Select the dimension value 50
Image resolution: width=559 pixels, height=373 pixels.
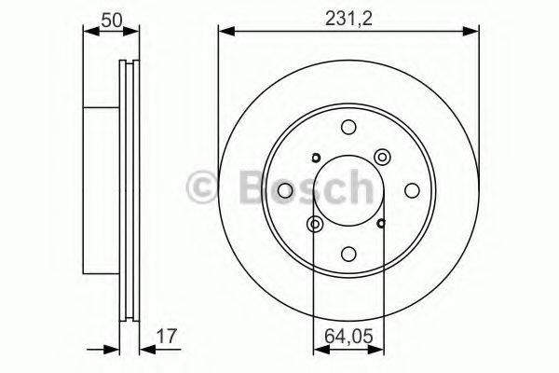pos(112,18)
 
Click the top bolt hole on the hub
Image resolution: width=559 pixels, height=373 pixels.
pos(348,128)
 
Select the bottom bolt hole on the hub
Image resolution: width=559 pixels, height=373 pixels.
pos(348,253)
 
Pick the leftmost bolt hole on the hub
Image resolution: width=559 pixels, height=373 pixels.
pos(286,190)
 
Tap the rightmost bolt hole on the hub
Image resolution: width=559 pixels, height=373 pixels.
pos(411,190)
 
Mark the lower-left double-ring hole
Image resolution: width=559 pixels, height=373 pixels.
pos(316,224)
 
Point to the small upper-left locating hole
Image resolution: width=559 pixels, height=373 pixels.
pos(316,157)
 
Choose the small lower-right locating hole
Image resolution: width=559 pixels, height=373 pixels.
pos(382,223)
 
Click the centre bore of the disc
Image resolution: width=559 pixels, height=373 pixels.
pos(348,190)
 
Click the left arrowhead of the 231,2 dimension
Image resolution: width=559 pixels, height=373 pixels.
pos(225,34)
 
